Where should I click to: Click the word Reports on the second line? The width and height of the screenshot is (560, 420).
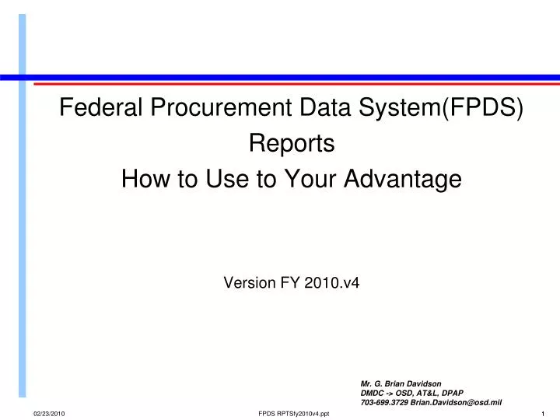click(292, 145)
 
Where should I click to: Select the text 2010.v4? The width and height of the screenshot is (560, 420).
click(337, 284)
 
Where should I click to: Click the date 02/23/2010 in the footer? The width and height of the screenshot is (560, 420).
click(49, 413)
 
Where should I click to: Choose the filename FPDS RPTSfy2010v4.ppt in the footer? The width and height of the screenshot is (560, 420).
click(293, 413)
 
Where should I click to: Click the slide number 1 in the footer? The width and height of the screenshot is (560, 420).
click(542, 413)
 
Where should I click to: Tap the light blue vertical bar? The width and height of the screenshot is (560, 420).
click(23, 210)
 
